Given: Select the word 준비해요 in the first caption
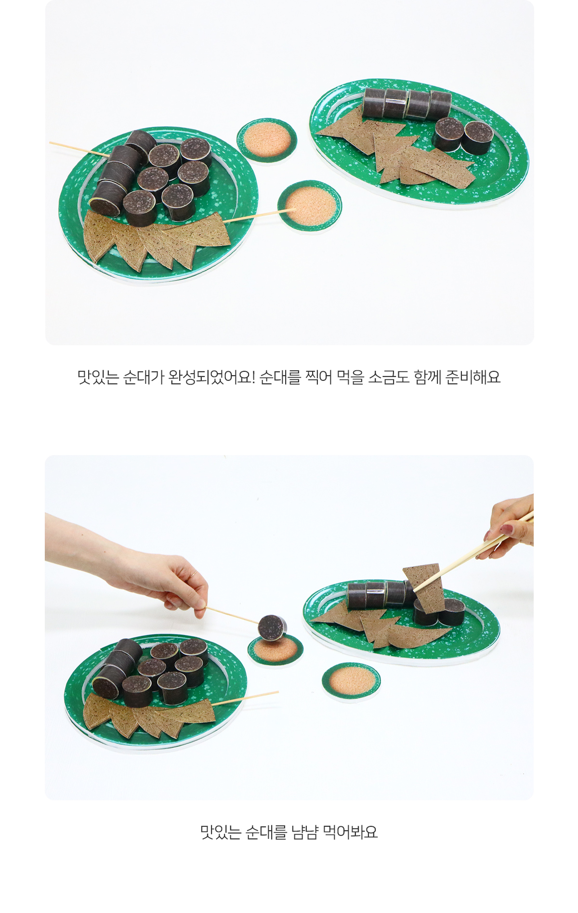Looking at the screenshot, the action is click(x=473, y=377).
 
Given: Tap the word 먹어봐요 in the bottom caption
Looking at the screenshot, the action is click(x=350, y=832).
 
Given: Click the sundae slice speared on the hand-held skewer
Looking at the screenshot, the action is click(x=272, y=627).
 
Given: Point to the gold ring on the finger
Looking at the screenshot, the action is click(x=194, y=575).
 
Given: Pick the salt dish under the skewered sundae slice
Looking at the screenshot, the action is click(x=276, y=650).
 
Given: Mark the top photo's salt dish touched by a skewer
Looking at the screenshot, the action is click(x=310, y=206).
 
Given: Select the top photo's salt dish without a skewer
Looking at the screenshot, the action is click(x=266, y=140).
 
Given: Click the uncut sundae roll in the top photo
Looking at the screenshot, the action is click(x=407, y=104).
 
